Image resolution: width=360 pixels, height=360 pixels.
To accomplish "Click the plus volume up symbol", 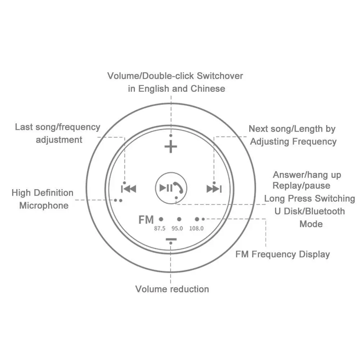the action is point(171,147).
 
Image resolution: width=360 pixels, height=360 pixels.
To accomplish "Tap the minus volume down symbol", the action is point(171,239).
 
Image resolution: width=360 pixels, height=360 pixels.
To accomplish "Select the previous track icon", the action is point(128,188).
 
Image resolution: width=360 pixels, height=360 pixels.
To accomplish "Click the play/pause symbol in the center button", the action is point(166,188).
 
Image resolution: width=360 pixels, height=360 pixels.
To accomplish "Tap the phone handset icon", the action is point(178,188).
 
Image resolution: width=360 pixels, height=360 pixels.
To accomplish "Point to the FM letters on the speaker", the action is point(146,219).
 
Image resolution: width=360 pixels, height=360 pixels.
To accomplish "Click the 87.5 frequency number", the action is point(159,228).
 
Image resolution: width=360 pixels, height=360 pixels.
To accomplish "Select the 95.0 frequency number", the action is point(177,228).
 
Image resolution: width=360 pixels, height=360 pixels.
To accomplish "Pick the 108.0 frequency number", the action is point(196,228).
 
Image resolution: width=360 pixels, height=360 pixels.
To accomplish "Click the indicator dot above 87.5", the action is point(161,219).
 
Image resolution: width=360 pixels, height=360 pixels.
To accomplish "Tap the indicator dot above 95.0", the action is point(179,219).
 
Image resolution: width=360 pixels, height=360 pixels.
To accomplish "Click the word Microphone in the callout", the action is point(44,206).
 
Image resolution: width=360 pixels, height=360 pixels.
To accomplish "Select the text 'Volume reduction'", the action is point(172,289).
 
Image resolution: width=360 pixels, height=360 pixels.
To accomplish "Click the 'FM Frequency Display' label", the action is point(283,255).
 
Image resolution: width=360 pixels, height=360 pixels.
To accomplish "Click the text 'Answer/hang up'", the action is point(307,175).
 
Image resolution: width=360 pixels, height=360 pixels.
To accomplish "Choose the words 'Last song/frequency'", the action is point(58,127).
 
